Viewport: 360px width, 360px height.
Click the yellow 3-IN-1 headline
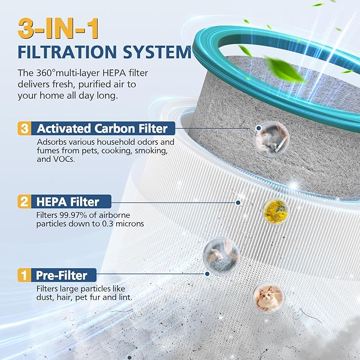click(x=58, y=29)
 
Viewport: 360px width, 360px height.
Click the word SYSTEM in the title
click(x=157, y=52)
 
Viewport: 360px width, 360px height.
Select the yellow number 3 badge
click(x=24, y=128)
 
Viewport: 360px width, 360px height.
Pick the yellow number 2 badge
click(x=24, y=202)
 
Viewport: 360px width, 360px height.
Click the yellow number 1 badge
click(x=24, y=275)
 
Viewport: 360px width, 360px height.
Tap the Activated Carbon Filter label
click(x=102, y=128)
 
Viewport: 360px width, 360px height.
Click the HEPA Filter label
click(x=68, y=202)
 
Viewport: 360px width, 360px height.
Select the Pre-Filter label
click(x=62, y=275)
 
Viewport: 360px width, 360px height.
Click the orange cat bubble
click(x=268, y=297)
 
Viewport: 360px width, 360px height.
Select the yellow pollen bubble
click(x=276, y=212)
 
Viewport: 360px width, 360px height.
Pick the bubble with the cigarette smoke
click(x=271, y=138)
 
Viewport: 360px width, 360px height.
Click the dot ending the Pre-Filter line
click(x=207, y=274)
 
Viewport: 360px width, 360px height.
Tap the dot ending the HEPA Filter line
click(x=238, y=203)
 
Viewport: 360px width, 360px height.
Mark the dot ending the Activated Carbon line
click(x=259, y=128)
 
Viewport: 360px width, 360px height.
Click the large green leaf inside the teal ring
click(x=284, y=69)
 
